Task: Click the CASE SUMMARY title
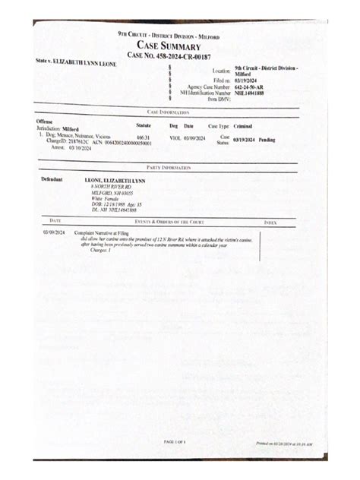click(x=168, y=46)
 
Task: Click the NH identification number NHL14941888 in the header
click(x=250, y=93)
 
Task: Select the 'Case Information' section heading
click(x=168, y=112)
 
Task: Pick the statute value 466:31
click(x=143, y=137)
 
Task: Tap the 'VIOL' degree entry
click(x=175, y=137)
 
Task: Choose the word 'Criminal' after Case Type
click(x=244, y=126)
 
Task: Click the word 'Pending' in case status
click(x=267, y=140)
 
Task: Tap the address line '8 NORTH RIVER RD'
click(x=110, y=186)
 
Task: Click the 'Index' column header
click(x=270, y=222)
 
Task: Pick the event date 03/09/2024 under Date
click(x=54, y=232)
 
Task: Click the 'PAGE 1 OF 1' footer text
click(x=174, y=441)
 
